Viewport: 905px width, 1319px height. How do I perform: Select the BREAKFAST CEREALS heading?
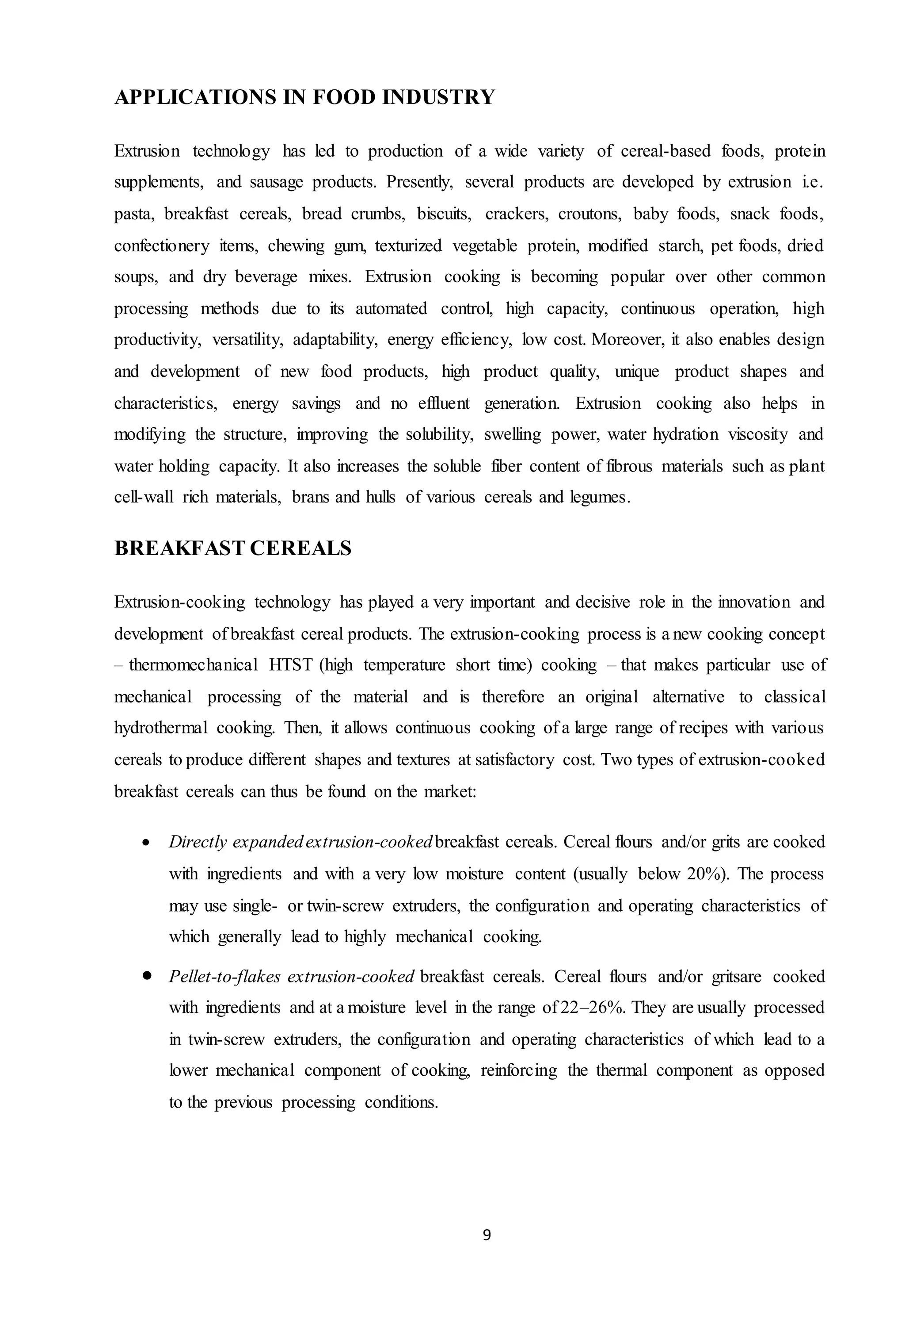point(232,548)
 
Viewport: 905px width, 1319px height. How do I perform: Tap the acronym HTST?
point(291,665)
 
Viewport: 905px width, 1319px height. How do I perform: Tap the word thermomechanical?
point(194,665)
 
